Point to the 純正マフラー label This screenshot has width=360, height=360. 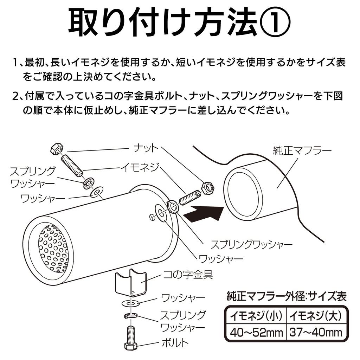tap(302, 151)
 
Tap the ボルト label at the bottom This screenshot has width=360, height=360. tap(175, 342)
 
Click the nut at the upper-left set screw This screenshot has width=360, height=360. tap(57, 149)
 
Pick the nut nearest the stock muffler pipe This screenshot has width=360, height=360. tap(208, 188)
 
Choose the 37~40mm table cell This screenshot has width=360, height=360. tap(315, 332)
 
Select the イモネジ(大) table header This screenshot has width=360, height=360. tap(315, 316)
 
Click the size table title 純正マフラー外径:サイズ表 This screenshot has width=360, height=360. tap(287, 296)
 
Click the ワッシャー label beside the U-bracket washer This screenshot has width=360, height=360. tap(183, 298)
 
